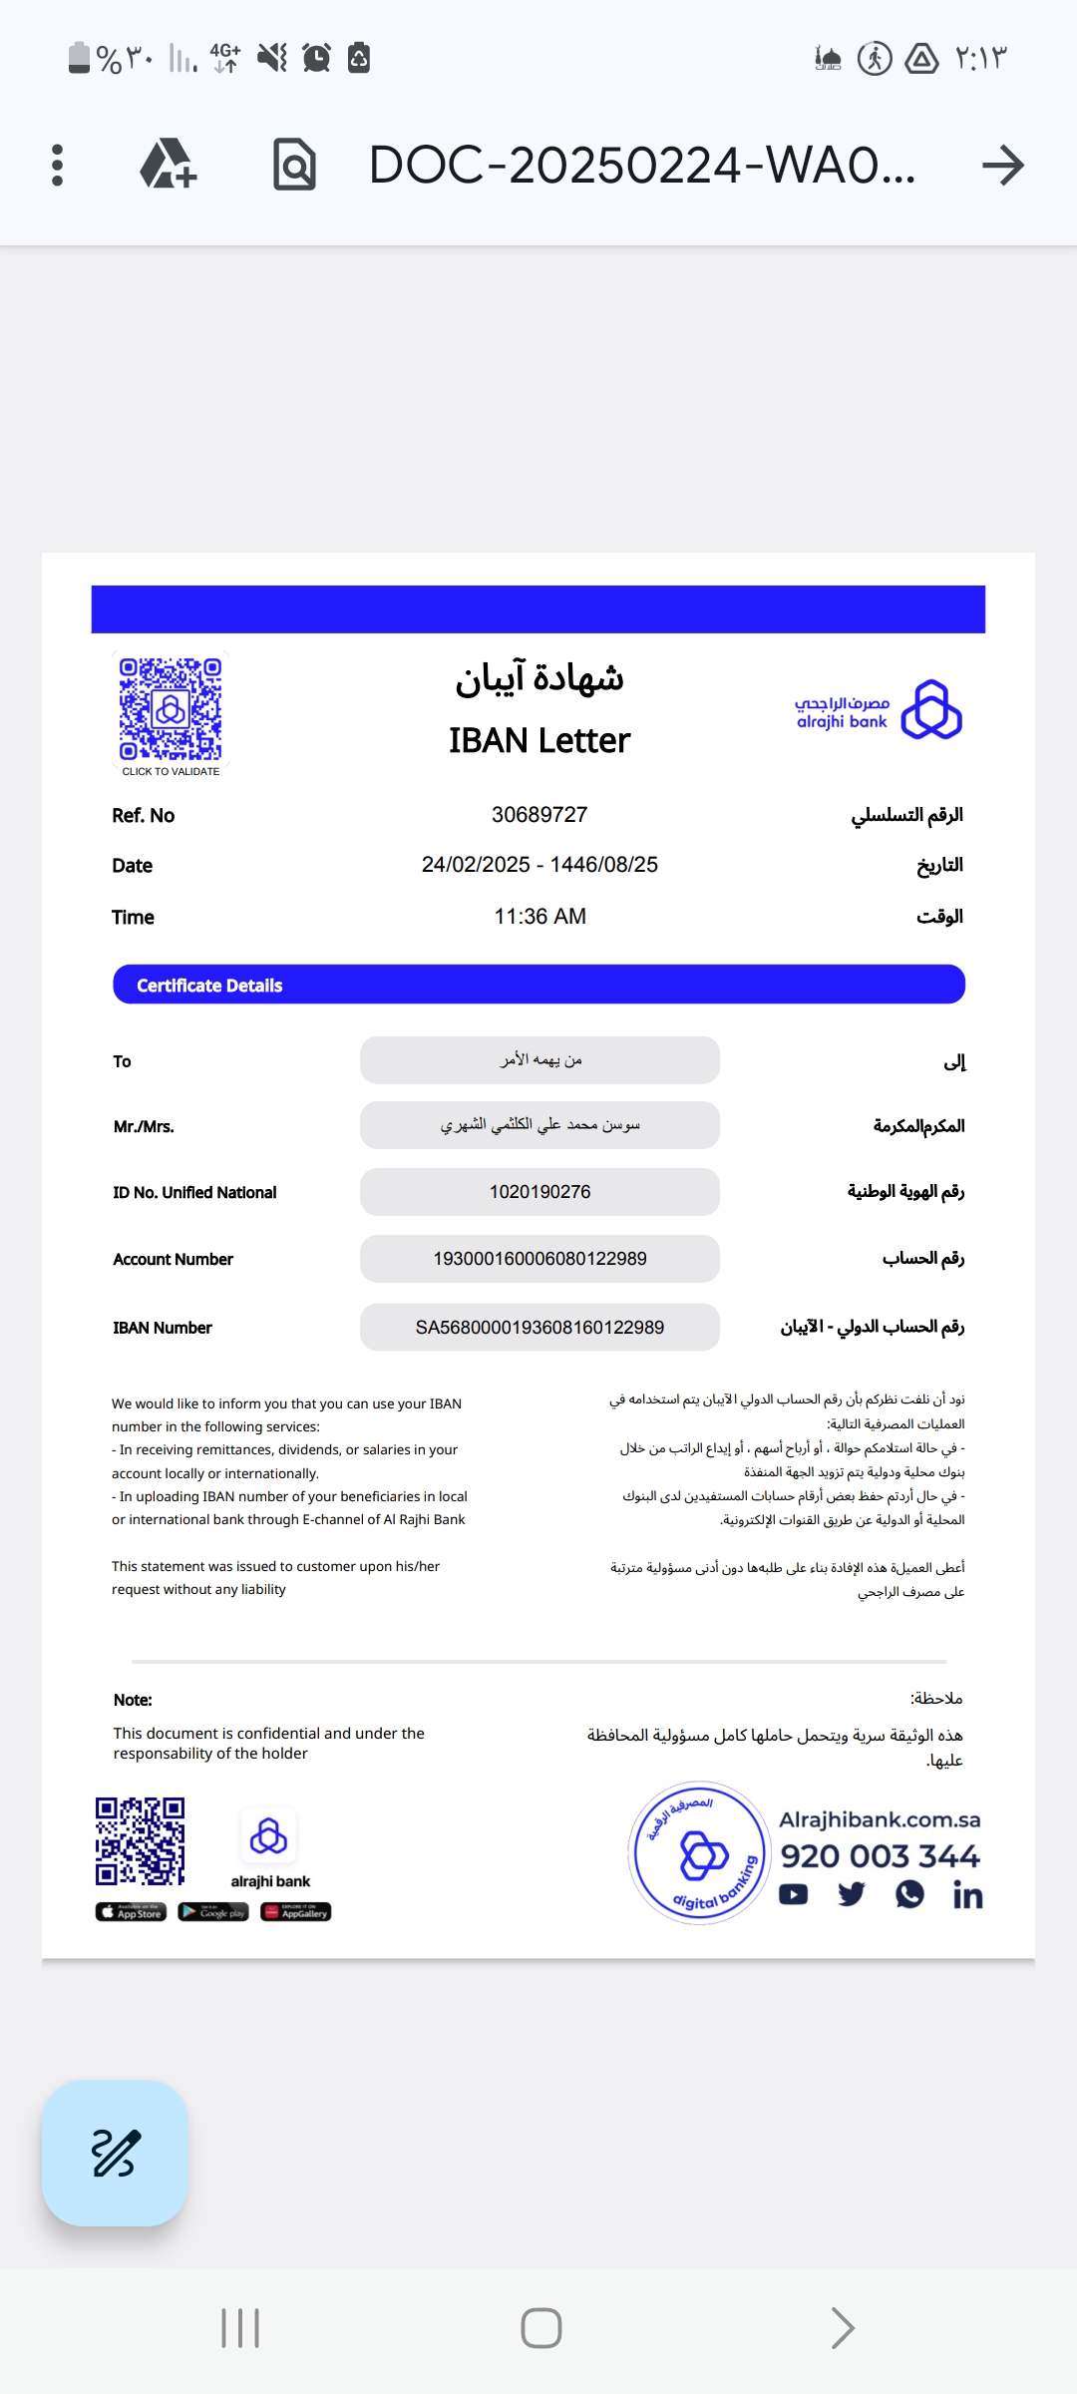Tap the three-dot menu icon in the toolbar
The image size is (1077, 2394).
(x=57, y=165)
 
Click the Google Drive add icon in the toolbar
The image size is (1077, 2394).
(x=168, y=165)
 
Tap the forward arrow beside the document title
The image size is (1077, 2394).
(x=1002, y=165)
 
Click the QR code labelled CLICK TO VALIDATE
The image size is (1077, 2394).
(x=171, y=709)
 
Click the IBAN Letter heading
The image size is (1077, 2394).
(x=538, y=741)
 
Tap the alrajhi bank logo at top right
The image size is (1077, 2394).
(x=878, y=710)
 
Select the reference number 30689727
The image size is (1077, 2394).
(x=539, y=815)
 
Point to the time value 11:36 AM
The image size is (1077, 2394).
(x=539, y=917)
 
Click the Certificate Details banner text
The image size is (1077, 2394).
(x=209, y=986)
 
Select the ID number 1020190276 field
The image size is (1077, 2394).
(x=539, y=1192)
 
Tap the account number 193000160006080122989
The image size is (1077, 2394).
(x=539, y=1259)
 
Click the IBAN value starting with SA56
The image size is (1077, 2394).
(x=539, y=1328)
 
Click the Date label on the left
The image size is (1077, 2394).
(x=133, y=866)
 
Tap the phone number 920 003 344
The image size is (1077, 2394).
(x=880, y=1856)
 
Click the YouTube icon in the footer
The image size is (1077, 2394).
(x=794, y=1894)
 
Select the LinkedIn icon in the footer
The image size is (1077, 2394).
(x=967, y=1895)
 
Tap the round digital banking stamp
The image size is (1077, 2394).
(x=699, y=1853)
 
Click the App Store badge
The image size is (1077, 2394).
(x=131, y=1912)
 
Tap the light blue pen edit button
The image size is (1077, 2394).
(x=115, y=2153)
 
